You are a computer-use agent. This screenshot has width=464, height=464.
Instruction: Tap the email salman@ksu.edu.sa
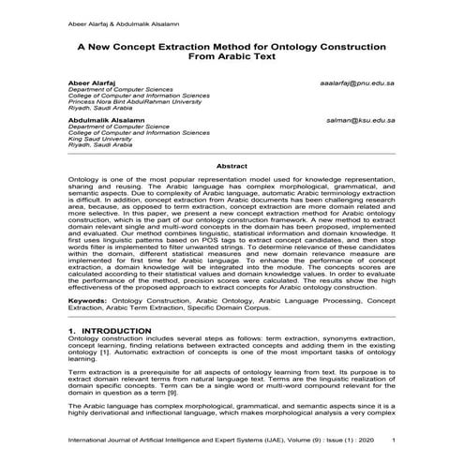pos(364,121)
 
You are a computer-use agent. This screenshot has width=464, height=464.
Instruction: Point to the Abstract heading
pos(232,165)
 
